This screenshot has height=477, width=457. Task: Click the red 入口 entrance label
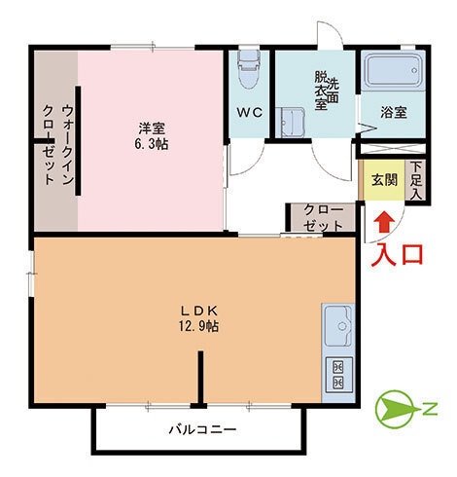click(400, 255)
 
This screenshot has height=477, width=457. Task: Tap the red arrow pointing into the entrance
click(385, 221)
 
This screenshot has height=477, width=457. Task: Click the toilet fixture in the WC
click(250, 64)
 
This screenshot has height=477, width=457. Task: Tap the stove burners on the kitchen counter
click(337, 377)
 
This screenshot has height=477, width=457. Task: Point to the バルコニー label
click(202, 429)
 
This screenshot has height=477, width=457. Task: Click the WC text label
click(250, 112)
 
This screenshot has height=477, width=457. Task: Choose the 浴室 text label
click(394, 112)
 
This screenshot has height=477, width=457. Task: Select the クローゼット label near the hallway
click(323, 217)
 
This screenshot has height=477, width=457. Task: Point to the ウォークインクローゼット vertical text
click(57, 143)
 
